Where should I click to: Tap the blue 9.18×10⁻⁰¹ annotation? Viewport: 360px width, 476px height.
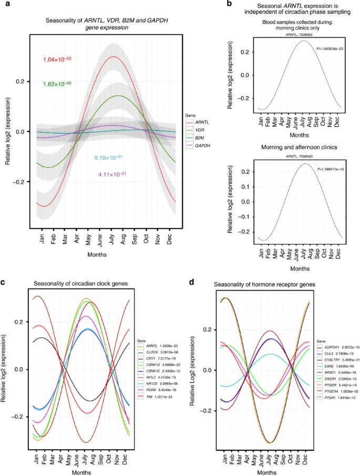pos(108,157)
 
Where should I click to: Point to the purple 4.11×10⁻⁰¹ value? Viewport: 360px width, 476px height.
pos(112,174)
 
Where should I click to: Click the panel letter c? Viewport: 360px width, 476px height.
pos(4,283)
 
